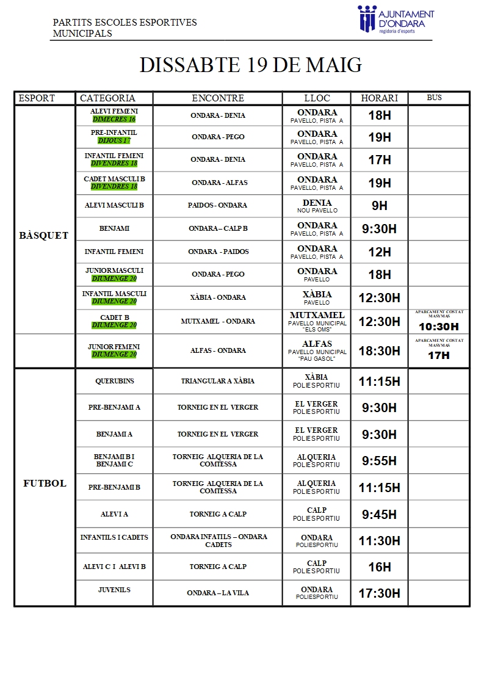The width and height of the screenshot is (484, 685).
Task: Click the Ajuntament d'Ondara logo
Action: click(396, 19)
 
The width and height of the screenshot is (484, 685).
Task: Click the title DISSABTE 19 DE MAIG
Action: click(251, 65)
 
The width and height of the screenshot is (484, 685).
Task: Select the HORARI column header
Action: click(379, 98)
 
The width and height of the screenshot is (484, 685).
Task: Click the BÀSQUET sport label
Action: click(44, 236)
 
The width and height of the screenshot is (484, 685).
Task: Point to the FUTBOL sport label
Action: click(45, 484)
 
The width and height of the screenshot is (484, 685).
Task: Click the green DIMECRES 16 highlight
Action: click(114, 120)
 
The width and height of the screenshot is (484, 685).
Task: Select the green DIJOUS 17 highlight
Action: click(114, 141)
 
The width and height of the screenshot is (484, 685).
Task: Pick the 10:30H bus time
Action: click(438, 327)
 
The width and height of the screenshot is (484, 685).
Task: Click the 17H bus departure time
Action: click(438, 355)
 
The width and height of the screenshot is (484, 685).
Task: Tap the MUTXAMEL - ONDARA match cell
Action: click(218, 321)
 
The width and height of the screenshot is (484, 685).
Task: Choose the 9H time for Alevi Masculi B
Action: click(379, 206)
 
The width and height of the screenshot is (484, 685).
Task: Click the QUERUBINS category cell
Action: click(114, 381)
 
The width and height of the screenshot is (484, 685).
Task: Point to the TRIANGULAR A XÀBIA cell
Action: click(218, 381)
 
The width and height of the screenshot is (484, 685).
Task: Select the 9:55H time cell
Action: click(379, 461)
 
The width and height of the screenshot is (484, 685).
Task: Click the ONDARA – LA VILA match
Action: click(218, 593)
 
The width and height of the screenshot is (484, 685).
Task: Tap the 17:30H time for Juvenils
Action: click(379, 593)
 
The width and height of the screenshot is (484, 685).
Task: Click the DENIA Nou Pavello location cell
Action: click(317, 206)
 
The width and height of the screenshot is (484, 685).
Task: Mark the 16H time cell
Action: click(379, 567)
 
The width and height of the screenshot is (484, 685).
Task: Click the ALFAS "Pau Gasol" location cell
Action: click(317, 350)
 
